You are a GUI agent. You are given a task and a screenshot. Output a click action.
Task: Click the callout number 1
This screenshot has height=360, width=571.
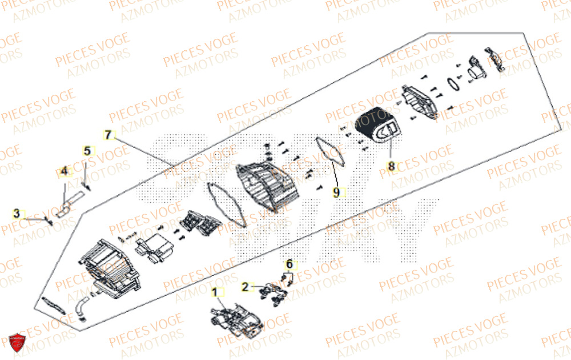[215, 293]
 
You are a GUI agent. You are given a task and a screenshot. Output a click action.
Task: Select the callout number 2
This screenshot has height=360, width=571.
[245, 287]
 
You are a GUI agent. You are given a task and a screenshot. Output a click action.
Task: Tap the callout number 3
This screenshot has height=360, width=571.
[17, 214]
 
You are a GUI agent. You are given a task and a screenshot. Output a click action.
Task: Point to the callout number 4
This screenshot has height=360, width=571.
[65, 171]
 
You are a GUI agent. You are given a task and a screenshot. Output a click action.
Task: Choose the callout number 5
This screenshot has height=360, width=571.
[87, 151]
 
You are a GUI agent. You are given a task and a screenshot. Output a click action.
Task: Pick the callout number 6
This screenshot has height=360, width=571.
[289, 264]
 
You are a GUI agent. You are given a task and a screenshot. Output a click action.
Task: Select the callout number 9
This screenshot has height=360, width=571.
[336, 193]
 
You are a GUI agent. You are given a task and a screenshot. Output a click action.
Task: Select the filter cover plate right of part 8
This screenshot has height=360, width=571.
[420, 103]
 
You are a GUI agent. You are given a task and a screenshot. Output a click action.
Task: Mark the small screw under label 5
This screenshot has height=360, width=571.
[86, 184]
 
